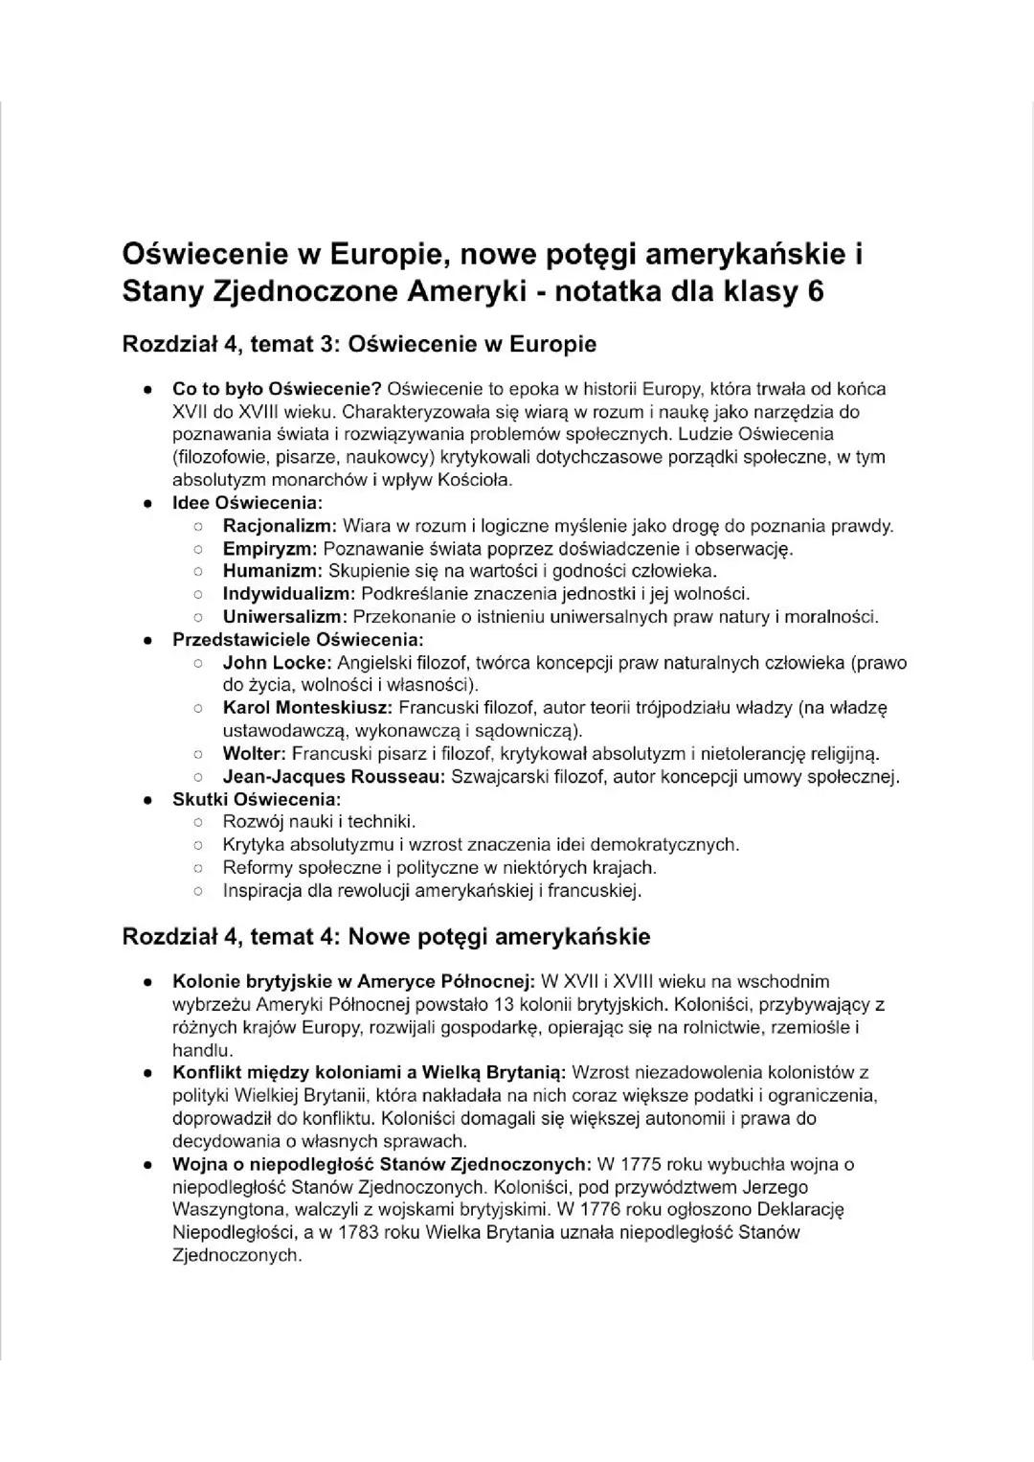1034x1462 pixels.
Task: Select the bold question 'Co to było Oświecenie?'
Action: pos(277,389)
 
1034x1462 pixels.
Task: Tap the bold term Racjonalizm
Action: pos(279,526)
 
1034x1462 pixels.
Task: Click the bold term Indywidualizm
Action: pos(289,594)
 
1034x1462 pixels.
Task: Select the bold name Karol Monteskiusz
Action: pos(307,708)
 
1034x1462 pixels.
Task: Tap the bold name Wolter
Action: pos(254,754)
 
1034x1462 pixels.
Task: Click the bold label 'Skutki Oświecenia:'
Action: pos(257,799)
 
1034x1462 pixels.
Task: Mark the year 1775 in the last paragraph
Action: pos(641,1165)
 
